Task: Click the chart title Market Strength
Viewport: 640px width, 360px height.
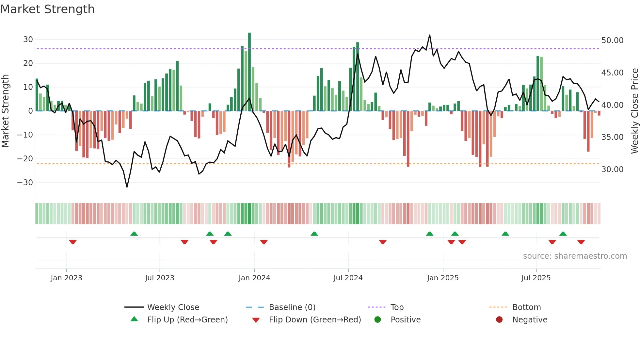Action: click(47, 9)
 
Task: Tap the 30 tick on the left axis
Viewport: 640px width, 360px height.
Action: click(28, 40)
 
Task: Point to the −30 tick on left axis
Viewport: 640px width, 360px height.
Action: click(25, 183)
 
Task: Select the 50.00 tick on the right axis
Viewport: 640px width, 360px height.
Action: click(612, 41)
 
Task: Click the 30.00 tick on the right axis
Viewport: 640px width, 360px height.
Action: click(612, 170)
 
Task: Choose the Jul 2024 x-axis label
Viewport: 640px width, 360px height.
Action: click(348, 278)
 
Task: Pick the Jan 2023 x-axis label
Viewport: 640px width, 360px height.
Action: click(66, 278)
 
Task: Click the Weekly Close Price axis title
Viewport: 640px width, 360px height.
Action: click(634, 111)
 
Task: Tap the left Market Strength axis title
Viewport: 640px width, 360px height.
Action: click(5, 111)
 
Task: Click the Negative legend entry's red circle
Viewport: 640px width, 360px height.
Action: click(499, 320)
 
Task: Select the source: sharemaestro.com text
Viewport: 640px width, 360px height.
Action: click(575, 256)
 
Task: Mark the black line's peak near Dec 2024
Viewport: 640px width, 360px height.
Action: click(429, 35)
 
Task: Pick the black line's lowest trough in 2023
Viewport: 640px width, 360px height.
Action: click(127, 187)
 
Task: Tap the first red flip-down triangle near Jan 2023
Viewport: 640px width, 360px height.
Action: click(73, 242)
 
